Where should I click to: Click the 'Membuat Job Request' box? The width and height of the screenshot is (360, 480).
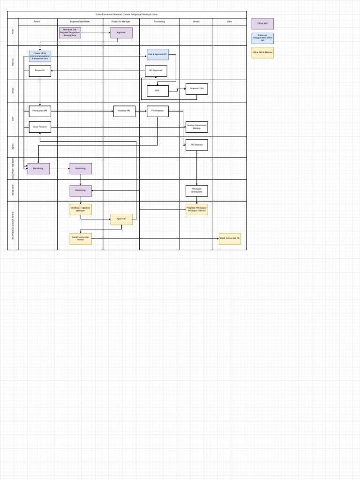click(x=70, y=32)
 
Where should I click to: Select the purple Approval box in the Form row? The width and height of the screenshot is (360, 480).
click(x=121, y=32)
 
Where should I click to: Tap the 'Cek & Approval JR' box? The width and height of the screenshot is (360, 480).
click(x=157, y=54)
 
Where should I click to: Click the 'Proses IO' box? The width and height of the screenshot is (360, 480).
click(x=40, y=71)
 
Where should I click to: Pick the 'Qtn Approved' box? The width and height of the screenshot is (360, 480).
click(x=156, y=71)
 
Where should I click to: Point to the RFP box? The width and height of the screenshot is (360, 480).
click(x=157, y=91)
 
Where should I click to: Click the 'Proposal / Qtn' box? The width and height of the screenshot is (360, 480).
click(x=196, y=89)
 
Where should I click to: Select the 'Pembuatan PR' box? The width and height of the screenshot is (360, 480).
click(x=40, y=111)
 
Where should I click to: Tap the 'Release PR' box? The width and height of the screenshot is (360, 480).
click(x=124, y=111)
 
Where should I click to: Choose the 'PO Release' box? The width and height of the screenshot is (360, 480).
click(x=157, y=111)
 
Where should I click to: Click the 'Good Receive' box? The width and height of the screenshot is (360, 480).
click(x=40, y=127)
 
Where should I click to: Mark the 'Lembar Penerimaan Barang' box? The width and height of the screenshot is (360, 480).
click(x=196, y=127)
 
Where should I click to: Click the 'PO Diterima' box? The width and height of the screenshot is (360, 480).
click(x=196, y=145)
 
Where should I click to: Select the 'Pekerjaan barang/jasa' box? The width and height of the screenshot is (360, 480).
click(x=196, y=191)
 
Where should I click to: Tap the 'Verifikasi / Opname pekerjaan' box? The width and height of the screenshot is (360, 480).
click(x=81, y=209)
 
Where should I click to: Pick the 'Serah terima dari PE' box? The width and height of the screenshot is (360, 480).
click(x=230, y=239)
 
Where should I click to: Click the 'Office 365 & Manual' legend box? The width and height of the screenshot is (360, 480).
click(x=262, y=52)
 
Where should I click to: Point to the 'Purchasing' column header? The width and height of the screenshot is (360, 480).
click(x=159, y=22)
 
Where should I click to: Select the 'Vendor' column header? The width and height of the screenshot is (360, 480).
click(x=196, y=22)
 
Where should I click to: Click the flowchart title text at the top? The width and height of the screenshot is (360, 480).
click(x=127, y=15)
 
